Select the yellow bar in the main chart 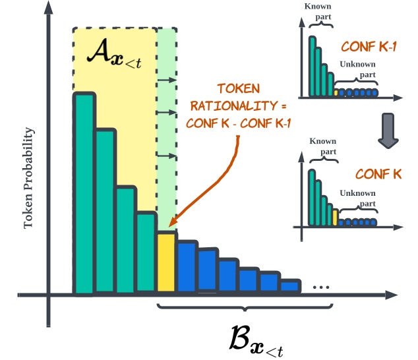(x=166, y=262)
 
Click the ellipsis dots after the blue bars (x=321, y=287)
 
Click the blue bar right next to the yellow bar (x=187, y=267)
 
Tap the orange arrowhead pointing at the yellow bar (x=173, y=225)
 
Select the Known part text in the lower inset (x=323, y=146)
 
